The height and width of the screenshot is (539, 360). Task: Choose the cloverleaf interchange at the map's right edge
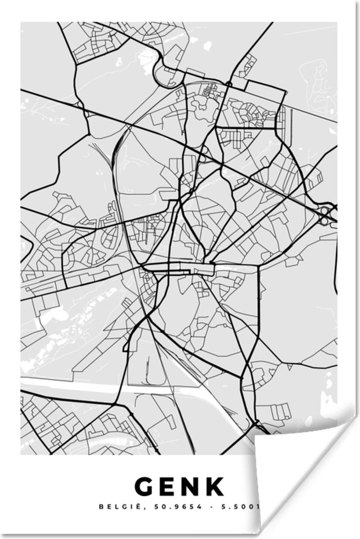click(327, 215)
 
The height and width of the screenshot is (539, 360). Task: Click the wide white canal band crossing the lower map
click(112, 387)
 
